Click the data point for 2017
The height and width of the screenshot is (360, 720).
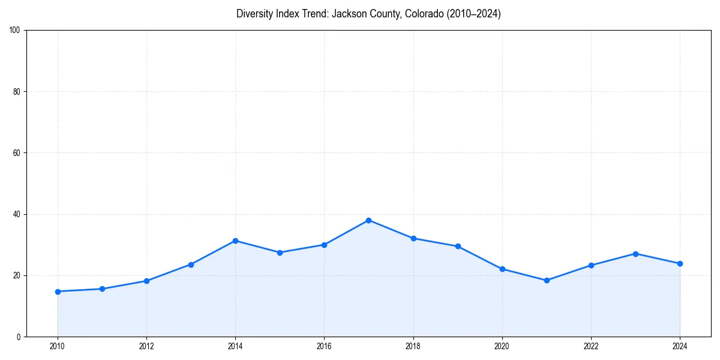point(368,220)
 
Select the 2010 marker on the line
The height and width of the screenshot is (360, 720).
point(58,292)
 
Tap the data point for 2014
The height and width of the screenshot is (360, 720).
point(235,241)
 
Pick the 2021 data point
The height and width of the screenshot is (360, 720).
point(547,280)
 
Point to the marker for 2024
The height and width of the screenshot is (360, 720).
point(680,263)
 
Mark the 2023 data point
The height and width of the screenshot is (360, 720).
point(635,254)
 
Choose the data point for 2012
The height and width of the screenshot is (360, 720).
point(146,281)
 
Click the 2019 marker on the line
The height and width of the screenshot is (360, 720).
point(458,246)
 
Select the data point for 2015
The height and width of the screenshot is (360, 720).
point(280,253)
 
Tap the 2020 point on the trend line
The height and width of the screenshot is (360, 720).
point(502,269)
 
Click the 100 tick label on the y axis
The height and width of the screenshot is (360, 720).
point(15,31)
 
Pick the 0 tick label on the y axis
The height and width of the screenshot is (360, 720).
point(19,337)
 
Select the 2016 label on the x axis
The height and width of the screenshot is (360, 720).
point(324,346)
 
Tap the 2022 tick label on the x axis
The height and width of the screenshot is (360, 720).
point(591,346)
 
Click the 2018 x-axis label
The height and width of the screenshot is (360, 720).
point(413,346)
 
